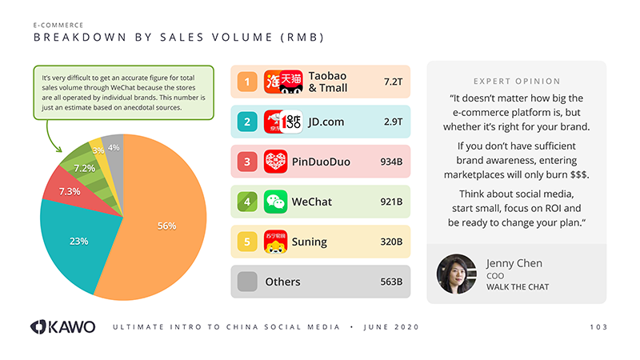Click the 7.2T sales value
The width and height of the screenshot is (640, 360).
coord(392,82)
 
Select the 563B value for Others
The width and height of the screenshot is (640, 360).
coord(390,282)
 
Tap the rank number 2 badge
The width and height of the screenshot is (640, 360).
coord(247,122)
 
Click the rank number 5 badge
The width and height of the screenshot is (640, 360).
coord(247,242)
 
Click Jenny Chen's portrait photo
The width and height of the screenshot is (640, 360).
coord(457,274)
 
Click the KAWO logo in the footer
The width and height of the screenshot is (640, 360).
coord(62,326)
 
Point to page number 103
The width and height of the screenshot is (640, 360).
coord(598,327)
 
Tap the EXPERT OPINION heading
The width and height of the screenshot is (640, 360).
coord(517,81)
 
